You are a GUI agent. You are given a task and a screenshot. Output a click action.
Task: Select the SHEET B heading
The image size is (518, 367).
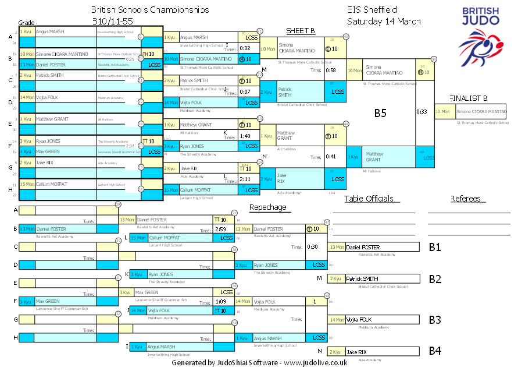[301, 30]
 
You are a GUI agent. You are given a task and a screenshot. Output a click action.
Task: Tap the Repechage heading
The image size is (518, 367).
[267, 207]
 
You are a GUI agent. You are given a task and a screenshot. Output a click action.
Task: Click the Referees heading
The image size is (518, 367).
[465, 199]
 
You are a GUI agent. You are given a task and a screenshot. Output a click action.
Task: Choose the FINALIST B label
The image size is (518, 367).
[468, 98]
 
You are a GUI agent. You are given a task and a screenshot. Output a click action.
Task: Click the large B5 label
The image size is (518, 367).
[380, 113]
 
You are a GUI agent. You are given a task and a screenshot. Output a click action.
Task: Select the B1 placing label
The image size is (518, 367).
[435, 247]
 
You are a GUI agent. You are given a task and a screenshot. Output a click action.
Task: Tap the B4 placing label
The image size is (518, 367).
[435, 351]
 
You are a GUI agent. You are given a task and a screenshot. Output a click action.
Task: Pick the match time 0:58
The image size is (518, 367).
[331, 70]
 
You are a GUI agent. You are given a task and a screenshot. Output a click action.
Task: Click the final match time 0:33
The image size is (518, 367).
[421, 111]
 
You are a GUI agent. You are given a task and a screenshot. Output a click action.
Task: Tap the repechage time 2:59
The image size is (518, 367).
[220, 230]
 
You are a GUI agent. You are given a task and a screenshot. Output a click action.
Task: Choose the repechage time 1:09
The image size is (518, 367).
[220, 301]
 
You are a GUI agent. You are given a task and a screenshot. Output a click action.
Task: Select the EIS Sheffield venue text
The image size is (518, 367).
[372, 10]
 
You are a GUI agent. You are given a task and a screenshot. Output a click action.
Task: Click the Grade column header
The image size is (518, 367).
[27, 22]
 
